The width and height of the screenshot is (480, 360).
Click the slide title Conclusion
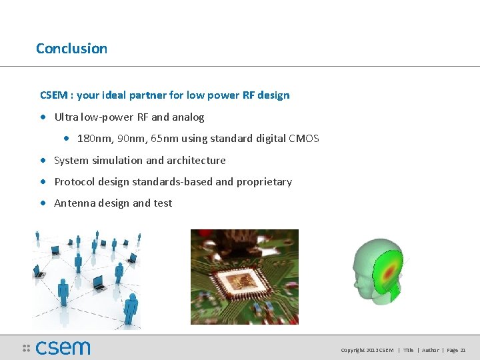click(x=71, y=49)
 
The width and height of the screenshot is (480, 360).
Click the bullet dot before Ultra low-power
click(x=43, y=117)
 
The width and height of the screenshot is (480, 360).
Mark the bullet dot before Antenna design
click(x=43, y=203)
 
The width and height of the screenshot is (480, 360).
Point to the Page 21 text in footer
click(x=456, y=350)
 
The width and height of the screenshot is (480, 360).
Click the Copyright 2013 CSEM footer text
click(x=367, y=350)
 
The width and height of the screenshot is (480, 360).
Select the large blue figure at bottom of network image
click(x=131, y=308)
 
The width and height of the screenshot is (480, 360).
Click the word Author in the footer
click(x=430, y=350)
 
